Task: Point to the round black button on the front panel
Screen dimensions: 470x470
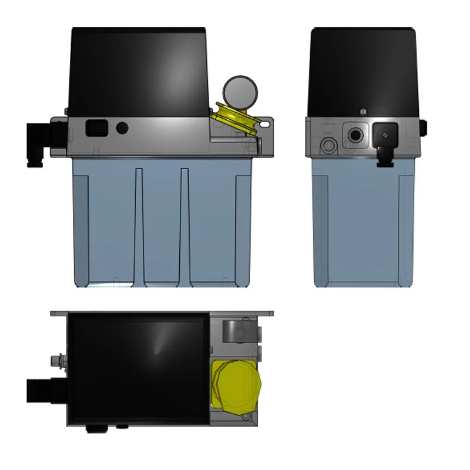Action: (122, 127)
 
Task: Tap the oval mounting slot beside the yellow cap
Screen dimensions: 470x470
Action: (265, 124)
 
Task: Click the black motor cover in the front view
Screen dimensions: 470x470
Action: (138, 70)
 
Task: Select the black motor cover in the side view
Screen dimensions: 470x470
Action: (364, 70)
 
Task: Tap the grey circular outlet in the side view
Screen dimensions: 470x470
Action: (328, 143)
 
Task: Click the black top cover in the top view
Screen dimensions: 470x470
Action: (138, 367)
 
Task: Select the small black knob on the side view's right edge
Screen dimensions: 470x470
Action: (424, 126)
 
